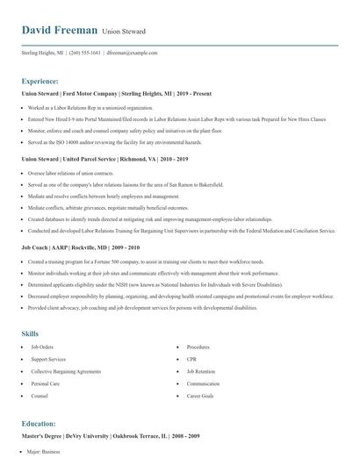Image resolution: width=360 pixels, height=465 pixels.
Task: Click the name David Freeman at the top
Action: tap(59, 30)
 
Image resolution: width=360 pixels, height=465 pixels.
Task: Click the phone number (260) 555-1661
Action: tap(86, 53)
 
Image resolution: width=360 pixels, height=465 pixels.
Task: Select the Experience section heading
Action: tap(40, 80)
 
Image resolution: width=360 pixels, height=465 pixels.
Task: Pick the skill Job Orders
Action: tap(43, 347)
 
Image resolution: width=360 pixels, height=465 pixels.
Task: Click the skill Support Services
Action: tap(49, 359)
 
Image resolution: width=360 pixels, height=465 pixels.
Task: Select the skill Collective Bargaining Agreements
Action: tap(65, 371)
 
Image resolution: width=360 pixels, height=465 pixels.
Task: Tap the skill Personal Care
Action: tap(45, 383)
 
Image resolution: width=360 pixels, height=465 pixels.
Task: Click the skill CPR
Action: tap(191, 359)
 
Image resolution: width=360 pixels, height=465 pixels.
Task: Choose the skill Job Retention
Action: tap(200, 371)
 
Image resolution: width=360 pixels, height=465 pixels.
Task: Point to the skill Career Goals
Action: tap(199, 397)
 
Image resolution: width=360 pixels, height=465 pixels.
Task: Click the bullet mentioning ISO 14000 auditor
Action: tap(112, 141)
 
